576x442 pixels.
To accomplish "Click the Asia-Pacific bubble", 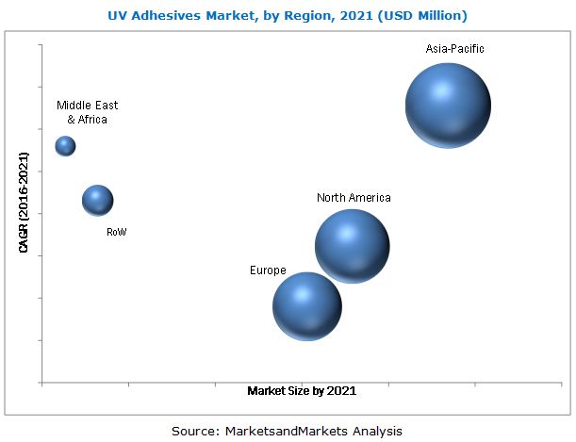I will (448, 106).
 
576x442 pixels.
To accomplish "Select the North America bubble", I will (352, 246).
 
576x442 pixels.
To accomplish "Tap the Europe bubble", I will (306, 306).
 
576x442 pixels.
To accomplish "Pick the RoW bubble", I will (97, 200).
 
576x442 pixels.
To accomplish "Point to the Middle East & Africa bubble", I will (65, 145).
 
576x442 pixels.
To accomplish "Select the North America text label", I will (354, 198).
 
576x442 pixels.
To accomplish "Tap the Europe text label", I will (268, 270).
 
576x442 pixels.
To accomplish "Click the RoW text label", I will (117, 231).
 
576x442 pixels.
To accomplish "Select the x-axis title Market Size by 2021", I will (302, 389).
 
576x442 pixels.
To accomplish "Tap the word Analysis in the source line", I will (376, 430).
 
